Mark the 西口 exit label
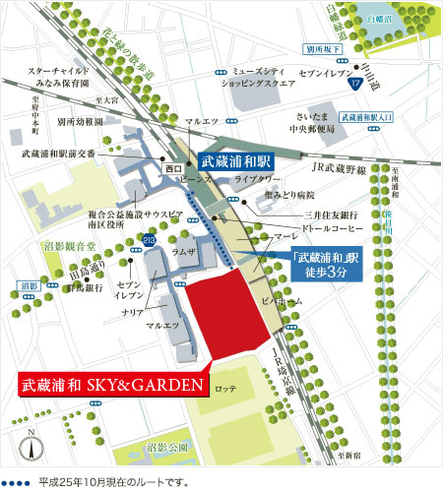pyautogui.click(x=173, y=169)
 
